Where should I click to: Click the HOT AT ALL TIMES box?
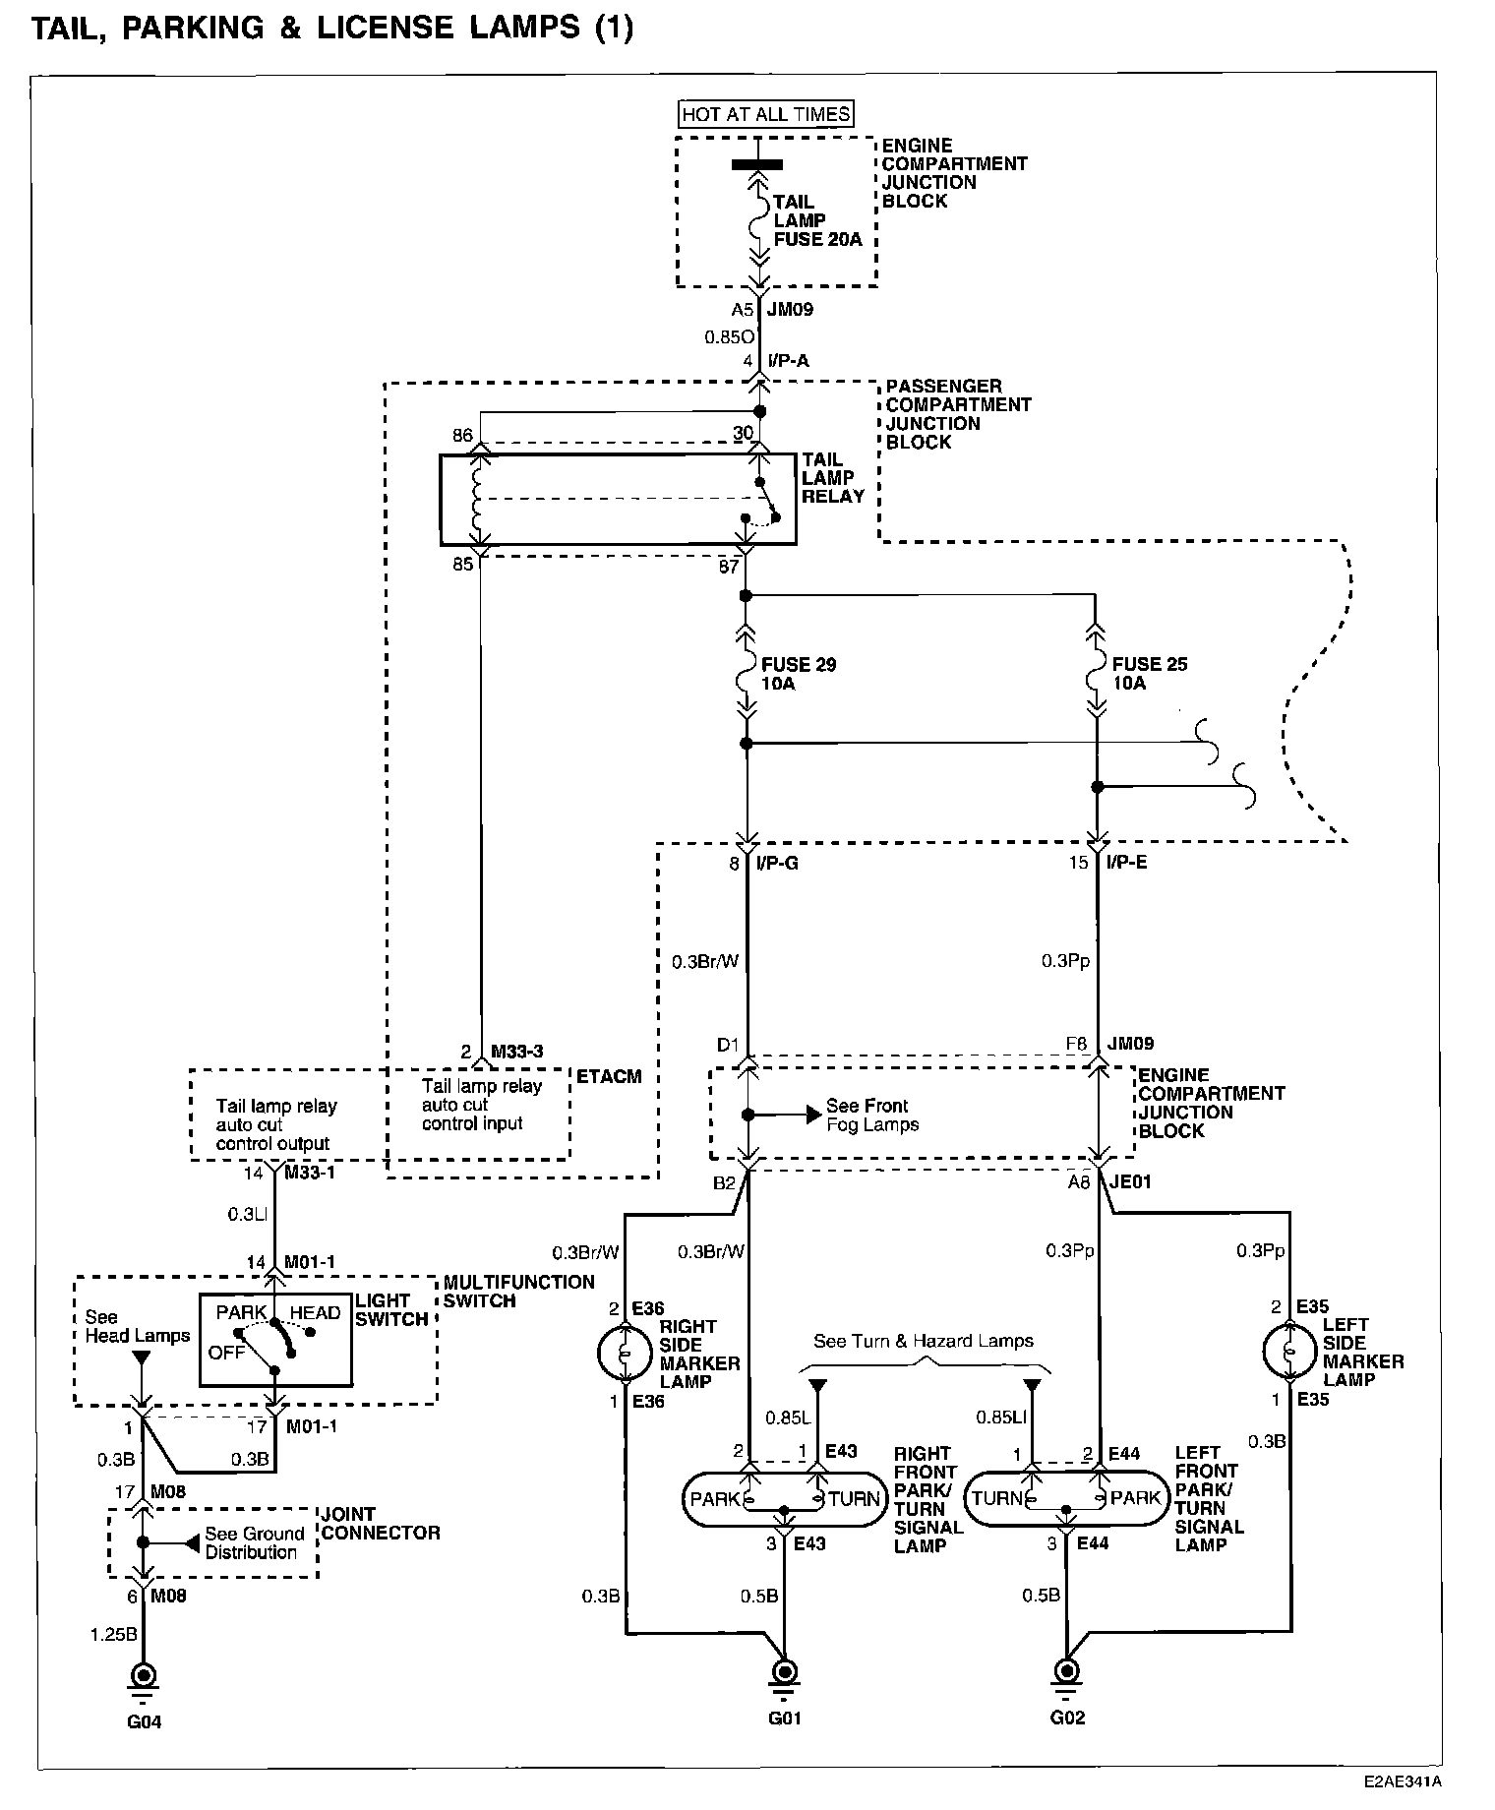coord(766,114)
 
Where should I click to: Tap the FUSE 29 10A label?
coord(798,674)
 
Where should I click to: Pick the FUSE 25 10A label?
coord(1150,674)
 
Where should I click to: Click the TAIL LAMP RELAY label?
coord(832,478)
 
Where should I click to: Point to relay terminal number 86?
coord(462,435)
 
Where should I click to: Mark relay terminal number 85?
coord(462,565)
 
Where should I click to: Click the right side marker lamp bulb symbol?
coord(625,1355)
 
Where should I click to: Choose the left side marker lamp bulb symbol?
coord(1289,1353)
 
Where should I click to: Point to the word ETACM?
coord(608,1077)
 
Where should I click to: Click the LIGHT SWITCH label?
coord(390,1310)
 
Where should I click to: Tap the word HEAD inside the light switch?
coord(315,1312)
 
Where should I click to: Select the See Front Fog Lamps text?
coord(871,1116)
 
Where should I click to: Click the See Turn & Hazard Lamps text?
coord(923,1341)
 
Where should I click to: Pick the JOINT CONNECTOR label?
coord(381,1524)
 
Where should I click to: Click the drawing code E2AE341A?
coord(1402,1780)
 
